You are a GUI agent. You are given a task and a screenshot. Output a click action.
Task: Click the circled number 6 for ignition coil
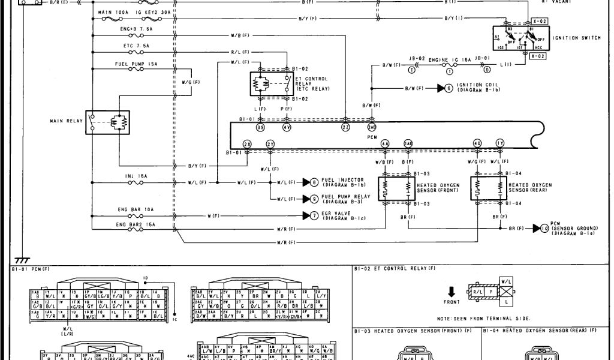tap(449, 88)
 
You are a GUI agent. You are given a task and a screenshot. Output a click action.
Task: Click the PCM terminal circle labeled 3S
tap(260, 127)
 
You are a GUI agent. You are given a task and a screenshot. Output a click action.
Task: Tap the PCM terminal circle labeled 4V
tap(287, 127)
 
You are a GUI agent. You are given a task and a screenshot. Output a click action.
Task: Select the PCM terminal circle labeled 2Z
tap(346, 127)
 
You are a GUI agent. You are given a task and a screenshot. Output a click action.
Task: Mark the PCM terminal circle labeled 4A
tap(385, 144)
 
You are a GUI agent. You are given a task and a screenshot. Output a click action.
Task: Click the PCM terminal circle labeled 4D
tap(477, 144)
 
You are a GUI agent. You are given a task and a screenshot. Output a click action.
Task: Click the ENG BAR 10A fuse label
tap(136, 209)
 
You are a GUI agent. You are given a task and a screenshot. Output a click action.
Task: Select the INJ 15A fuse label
tap(137, 176)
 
